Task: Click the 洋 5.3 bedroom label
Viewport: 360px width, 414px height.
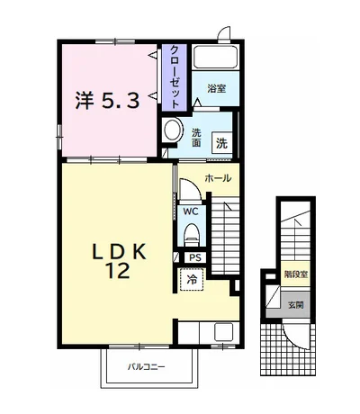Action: point(107,100)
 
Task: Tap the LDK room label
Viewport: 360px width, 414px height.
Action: point(119,252)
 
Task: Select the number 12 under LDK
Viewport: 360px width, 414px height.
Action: point(117,271)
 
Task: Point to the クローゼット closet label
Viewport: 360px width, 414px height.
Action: point(175,76)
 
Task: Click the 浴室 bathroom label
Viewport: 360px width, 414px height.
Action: point(216,89)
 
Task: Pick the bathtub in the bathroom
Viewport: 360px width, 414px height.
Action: point(215,57)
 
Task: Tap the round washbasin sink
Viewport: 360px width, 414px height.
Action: point(174,130)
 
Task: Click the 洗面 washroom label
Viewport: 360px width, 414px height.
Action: point(196,138)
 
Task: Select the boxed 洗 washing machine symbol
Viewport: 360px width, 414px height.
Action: point(222,144)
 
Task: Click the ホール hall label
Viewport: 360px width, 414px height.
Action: point(218,178)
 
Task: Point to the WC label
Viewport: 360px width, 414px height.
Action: point(191,211)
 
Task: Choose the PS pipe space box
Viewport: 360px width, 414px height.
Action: point(195,257)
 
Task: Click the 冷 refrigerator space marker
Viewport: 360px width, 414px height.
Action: point(193,280)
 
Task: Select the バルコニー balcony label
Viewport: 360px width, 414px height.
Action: point(147,366)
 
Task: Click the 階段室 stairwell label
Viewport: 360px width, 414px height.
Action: point(296,274)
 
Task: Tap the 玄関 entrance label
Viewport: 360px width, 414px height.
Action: point(296,305)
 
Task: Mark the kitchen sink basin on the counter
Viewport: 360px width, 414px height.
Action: point(223,332)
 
